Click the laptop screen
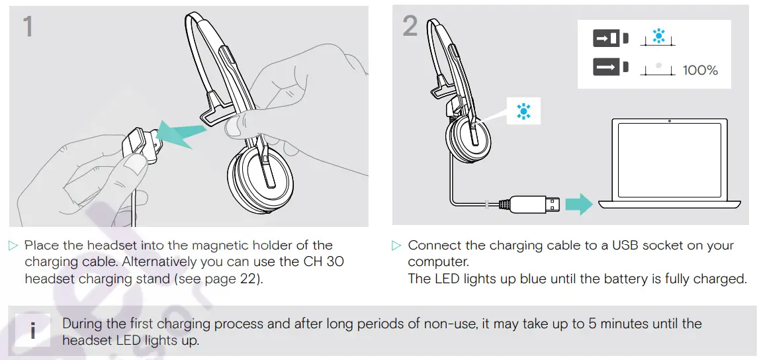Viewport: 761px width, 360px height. click(x=669, y=158)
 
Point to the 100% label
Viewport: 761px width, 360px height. click(x=700, y=70)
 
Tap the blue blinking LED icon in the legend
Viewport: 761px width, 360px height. click(x=658, y=37)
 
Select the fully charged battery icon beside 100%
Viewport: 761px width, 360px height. click(x=606, y=67)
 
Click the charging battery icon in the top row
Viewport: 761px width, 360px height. click(x=606, y=38)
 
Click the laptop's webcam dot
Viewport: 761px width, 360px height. click(x=670, y=121)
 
